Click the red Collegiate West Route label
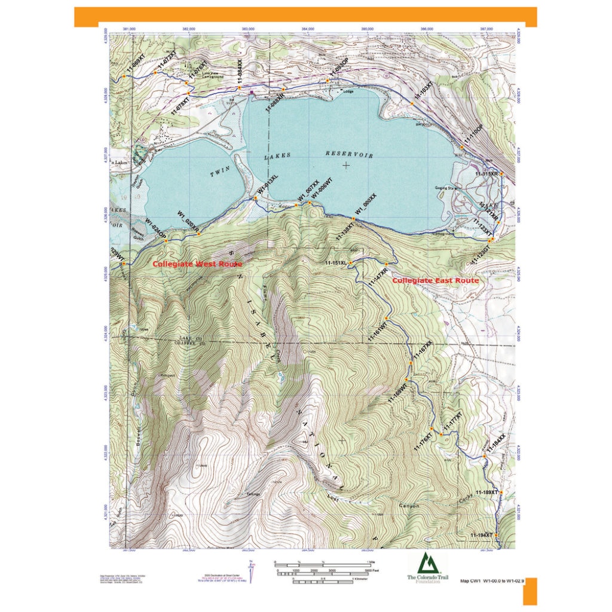[x=197, y=264]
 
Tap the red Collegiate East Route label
[x=435, y=280]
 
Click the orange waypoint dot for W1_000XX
[x=353, y=219]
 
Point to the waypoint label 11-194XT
[x=482, y=534]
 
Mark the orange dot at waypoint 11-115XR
[x=501, y=173]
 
